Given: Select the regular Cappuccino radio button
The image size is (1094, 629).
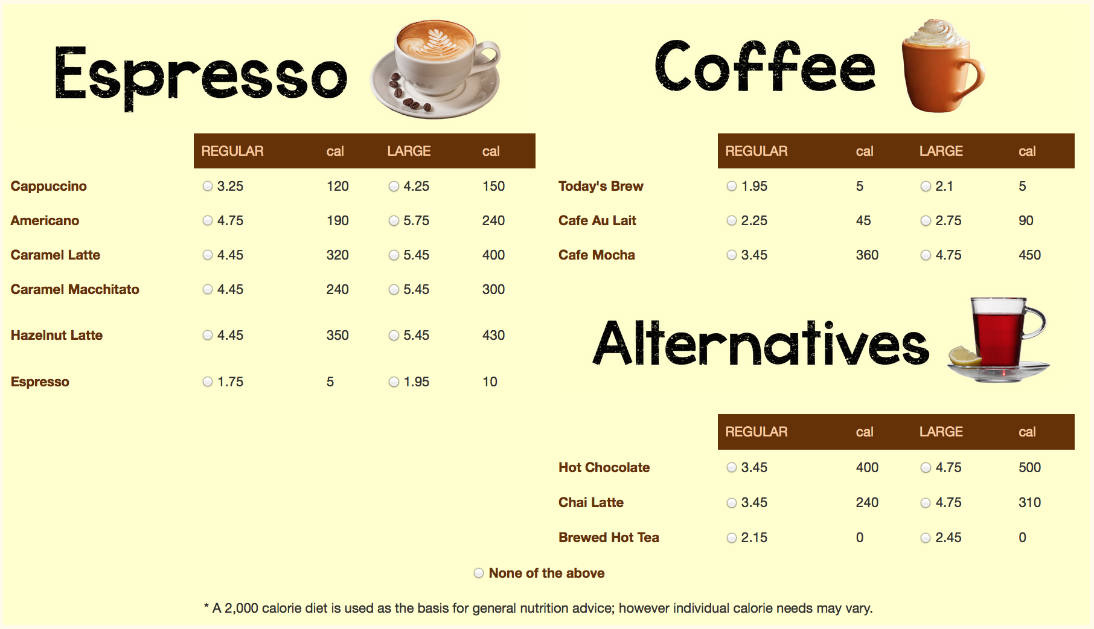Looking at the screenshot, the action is click(x=208, y=187).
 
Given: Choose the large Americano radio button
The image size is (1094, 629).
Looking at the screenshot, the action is click(x=394, y=221).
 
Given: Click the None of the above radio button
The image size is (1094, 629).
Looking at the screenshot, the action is click(x=479, y=573).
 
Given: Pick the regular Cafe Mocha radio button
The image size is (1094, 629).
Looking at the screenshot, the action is click(x=732, y=255).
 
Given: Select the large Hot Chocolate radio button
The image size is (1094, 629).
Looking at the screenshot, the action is click(x=926, y=468).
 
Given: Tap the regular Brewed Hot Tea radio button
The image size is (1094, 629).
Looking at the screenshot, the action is click(x=732, y=538).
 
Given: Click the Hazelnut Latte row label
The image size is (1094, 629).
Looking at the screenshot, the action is click(x=57, y=335).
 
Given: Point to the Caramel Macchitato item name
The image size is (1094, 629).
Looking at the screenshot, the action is click(x=75, y=289).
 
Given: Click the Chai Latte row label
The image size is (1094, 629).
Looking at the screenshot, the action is click(x=591, y=502).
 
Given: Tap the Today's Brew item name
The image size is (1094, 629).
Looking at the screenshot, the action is click(x=601, y=186).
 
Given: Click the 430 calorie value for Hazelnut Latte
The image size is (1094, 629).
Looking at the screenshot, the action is click(x=493, y=335).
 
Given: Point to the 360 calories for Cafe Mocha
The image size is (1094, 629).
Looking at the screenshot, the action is click(x=867, y=255).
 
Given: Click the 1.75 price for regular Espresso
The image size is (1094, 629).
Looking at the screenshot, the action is click(x=230, y=382).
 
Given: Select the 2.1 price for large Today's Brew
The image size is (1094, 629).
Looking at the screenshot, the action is click(x=944, y=186).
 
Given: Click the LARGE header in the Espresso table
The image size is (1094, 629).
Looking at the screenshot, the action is click(x=409, y=151).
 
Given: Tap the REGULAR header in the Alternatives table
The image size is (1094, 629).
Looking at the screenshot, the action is click(x=757, y=432).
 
